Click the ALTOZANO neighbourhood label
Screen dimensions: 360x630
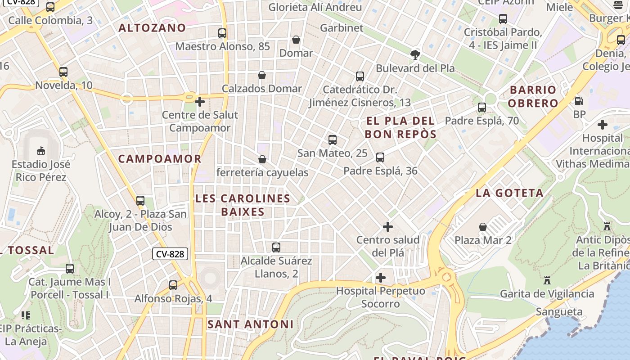pos(152,28)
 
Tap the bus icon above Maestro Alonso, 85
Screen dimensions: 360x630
pos(222,33)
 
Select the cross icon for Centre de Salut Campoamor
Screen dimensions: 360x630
pos(200,102)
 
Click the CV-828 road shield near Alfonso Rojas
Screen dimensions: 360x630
pos(170,254)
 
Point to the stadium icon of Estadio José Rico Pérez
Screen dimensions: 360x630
pos(41,150)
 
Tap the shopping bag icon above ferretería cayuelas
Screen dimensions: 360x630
pos(262,159)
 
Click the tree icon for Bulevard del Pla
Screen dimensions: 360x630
pos(415,55)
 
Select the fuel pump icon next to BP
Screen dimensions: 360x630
pos(579,101)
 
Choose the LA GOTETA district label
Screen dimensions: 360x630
pos(509,193)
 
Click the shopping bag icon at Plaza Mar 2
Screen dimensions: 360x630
pos(483,226)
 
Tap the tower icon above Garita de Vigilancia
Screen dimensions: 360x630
pos(547,280)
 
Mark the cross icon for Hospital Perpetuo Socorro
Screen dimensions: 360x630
pos(381,277)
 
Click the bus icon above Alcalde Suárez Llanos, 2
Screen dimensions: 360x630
pos(276,247)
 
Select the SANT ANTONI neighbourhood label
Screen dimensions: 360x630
pos(250,324)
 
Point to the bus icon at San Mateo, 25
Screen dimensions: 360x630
pos(333,139)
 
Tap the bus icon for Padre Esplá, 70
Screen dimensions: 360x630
pos(482,108)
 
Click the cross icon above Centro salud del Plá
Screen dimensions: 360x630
pos(388,226)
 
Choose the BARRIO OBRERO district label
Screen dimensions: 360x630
pos(533,96)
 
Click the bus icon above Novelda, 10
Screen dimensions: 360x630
pos(63,72)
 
